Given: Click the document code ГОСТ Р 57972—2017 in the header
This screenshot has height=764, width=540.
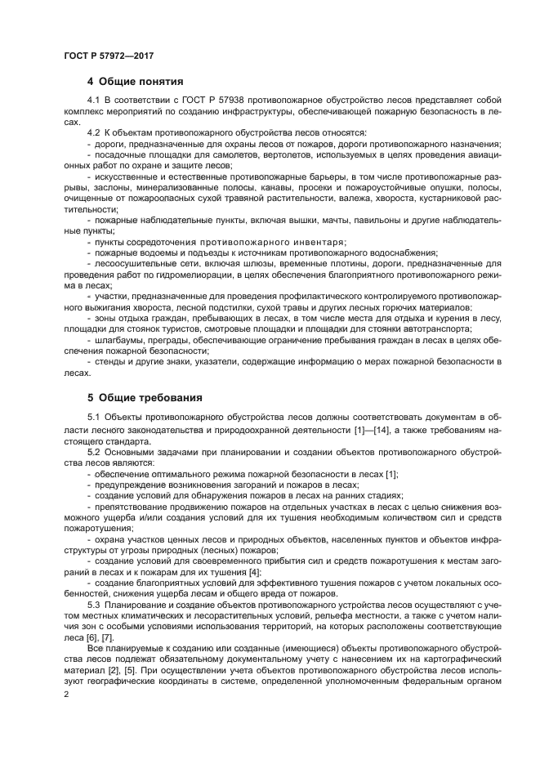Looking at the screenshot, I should pyautogui.click(x=108, y=55).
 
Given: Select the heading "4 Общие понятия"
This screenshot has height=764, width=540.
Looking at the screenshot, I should pyautogui.click(x=135, y=81).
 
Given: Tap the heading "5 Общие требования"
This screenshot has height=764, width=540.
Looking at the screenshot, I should pyautogui.click(x=144, y=398).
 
